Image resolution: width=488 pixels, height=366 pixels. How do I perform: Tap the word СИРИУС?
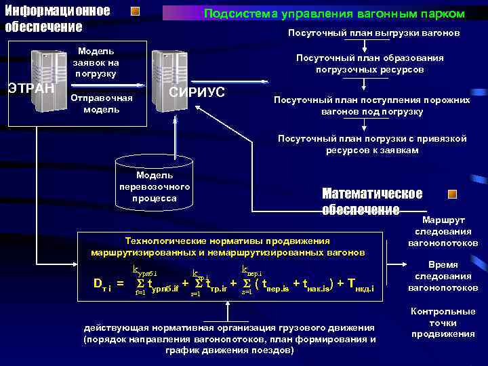pos(197,91)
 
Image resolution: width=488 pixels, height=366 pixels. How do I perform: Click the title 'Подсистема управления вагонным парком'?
pos(334,14)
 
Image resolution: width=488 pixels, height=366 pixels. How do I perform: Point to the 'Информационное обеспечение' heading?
pos(57,19)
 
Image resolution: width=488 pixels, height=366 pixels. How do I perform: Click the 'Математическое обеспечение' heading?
pos(372,201)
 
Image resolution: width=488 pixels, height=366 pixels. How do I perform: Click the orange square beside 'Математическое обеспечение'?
pos(453,194)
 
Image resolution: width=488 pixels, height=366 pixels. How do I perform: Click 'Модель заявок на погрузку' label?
pos(96,62)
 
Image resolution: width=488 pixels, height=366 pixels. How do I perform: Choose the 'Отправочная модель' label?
pos(102,104)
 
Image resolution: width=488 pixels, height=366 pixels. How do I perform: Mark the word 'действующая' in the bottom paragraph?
pos(113,327)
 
